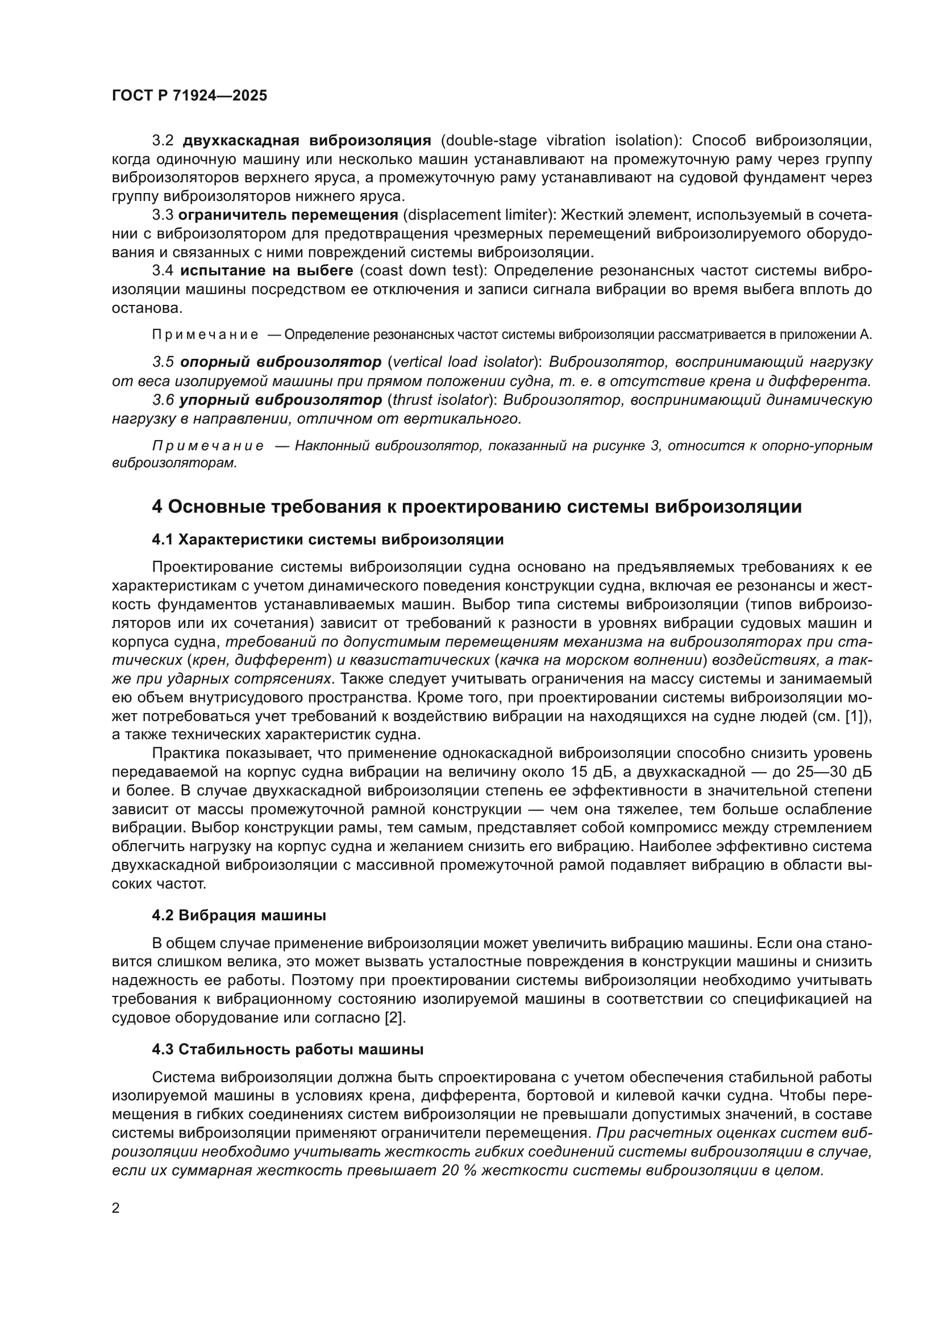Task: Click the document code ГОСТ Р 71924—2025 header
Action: pos(189,96)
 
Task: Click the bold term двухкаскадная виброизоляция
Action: pos(307,141)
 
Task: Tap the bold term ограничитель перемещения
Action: pos(288,215)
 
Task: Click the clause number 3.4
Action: pos(163,271)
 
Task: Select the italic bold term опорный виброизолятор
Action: pos(281,362)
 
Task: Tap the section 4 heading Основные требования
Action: pos(476,506)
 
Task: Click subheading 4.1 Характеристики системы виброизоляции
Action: pos(327,539)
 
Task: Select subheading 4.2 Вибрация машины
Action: pos(239,916)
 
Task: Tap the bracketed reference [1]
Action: pos(858,716)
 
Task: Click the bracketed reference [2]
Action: pos(395,1018)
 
